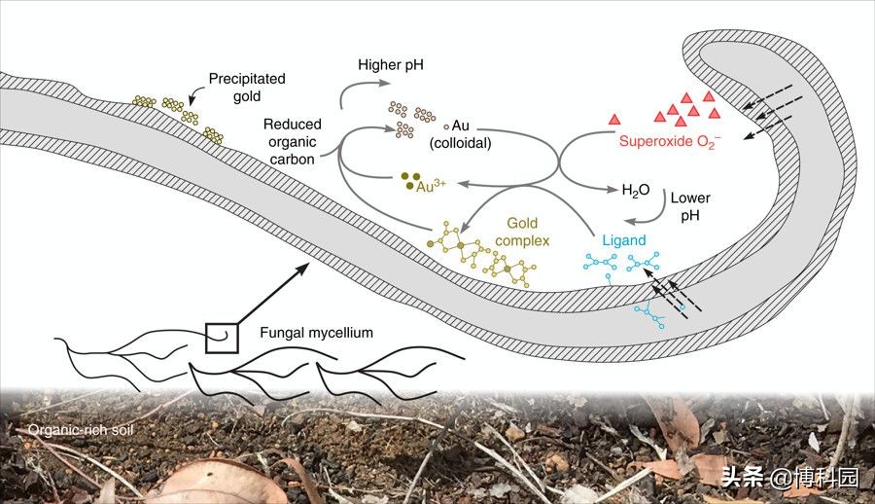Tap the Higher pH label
[x=389, y=66]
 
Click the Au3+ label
[x=433, y=184]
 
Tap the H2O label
[x=636, y=190]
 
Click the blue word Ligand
[x=623, y=240]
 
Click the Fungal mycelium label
[x=316, y=333]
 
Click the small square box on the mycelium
[x=222, y=337]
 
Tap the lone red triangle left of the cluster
[x=614, y=119]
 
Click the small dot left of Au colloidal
[x=446, y=126]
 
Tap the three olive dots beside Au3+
[x=408, y=179]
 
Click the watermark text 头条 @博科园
[x=790, y=476]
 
